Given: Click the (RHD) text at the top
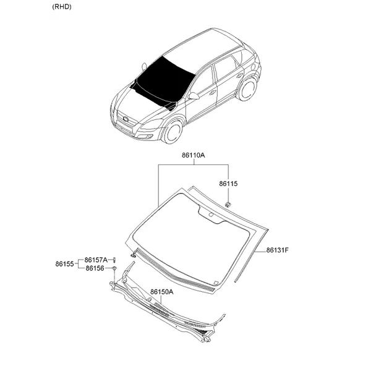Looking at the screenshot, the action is [x=61, y=7].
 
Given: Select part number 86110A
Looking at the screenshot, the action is [x=194, y=155].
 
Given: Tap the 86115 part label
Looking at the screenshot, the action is [x=228, y=184].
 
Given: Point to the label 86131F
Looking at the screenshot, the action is [x=277, y=250].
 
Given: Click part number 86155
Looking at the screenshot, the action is [x=64, y=264].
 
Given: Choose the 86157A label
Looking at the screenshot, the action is [x=96, y=260].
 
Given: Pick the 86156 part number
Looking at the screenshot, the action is [x=95, y=268].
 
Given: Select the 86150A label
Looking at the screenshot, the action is [x=162, y=292].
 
